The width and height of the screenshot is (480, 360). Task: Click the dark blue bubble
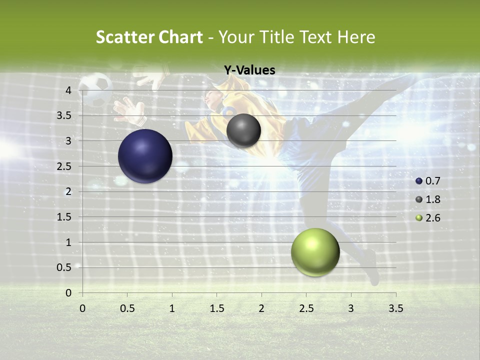[145, 156]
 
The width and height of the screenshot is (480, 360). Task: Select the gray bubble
[243, 130]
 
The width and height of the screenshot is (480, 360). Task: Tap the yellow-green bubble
[315, 252]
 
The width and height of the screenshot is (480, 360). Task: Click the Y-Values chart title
[249, 70]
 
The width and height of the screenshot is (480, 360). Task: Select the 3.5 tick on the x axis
[396, 308]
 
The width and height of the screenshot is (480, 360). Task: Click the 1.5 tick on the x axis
[216, 308]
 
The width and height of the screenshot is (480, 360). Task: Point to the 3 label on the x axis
[351, 308]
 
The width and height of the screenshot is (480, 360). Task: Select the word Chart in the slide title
[180, 37]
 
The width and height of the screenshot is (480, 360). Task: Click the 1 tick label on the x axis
[172, 308]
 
